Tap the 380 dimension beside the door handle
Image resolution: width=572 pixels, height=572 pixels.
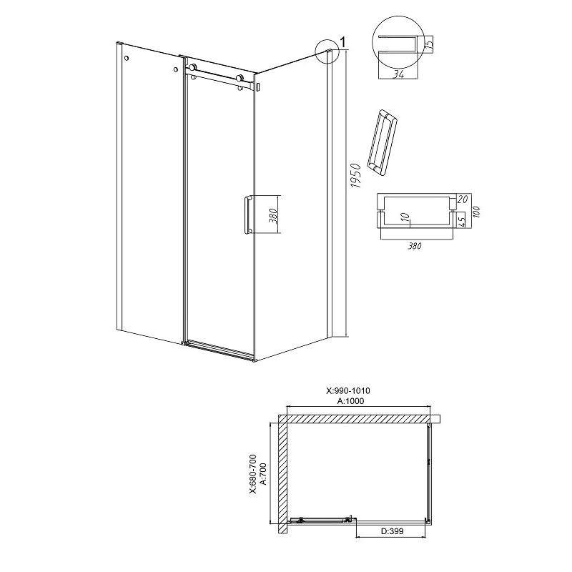point(274,216)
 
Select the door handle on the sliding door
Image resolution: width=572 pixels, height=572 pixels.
point(247,214)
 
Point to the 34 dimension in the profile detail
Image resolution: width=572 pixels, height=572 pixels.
point(398,74)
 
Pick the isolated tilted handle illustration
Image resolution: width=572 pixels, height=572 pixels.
point(382,142)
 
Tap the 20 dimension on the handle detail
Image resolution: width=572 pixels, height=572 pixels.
point(462,199)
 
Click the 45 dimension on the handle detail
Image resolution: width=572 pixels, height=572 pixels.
point(461,220)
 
